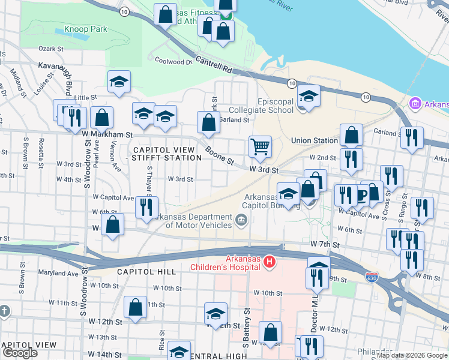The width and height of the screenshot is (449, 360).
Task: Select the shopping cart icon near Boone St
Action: point(260,146)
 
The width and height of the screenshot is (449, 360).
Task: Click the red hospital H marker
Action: point(270,262)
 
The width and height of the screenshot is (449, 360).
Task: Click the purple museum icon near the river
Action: point(414,104)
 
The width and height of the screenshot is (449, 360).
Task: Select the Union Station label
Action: point(314,140)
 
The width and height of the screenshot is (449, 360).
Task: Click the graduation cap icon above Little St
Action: point(119,82)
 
